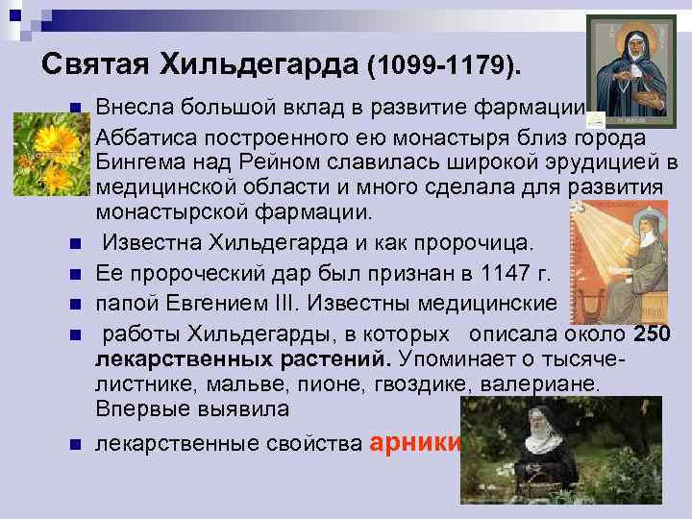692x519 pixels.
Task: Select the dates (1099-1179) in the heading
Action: point(446,65)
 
